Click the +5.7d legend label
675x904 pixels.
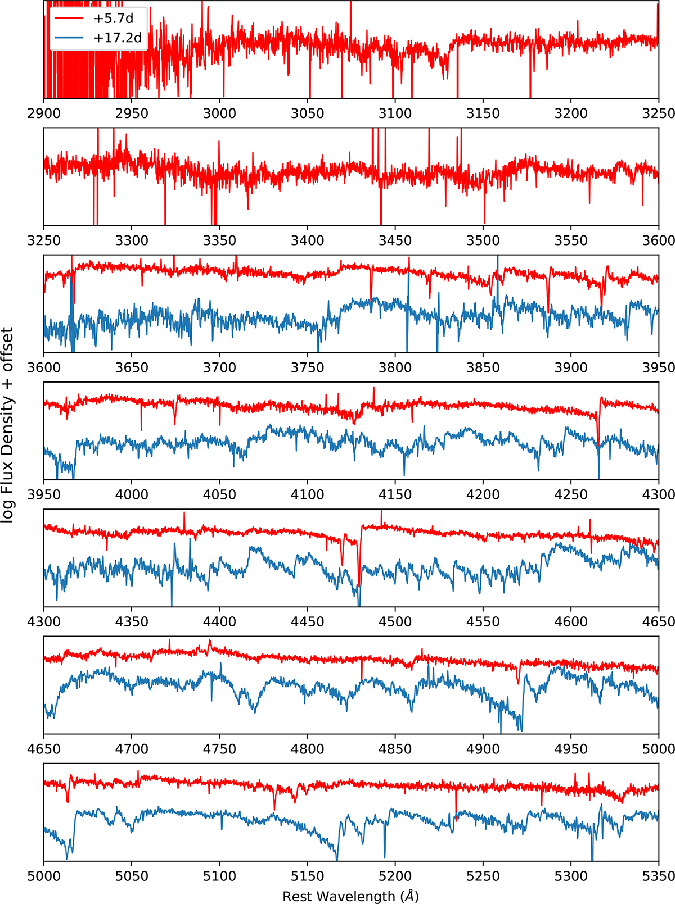tap(113, 19)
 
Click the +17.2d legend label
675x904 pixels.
tap(118, 38)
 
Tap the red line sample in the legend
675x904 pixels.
tap(69, 19)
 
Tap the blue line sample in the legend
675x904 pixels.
tap(69, 38)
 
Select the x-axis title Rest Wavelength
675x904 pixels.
tap(350, 896)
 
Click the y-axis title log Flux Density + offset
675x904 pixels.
tap(7, 425)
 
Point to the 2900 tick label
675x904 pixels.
tap(44, 113)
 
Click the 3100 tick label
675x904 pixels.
tap(395, 113)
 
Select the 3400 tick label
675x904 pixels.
tap(307, 240)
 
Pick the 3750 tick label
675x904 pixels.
tap(307, 367)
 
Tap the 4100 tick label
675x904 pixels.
tap(307, 494)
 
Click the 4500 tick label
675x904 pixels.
tap(395, 621)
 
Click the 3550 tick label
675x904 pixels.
tap(571, 240)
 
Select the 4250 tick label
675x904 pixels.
tap(571, 494)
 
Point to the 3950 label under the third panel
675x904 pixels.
tap(659, 367)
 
